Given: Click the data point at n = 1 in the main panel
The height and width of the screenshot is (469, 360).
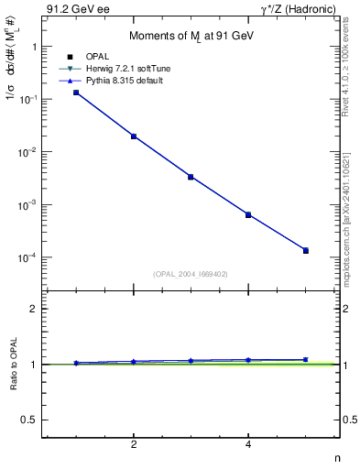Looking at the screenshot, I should [x=76, y=93].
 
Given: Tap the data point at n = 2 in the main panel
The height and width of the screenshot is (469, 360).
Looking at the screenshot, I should [x=134, y=136].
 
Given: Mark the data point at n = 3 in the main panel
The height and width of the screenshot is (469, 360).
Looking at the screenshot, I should [x=191, y=177].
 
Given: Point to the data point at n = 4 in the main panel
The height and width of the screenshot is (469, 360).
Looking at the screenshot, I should [x=248, y=214].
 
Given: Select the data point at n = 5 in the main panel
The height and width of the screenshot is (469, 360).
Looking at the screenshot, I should [x=306, y=250].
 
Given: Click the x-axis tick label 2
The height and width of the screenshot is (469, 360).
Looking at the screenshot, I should [x=134, y=445].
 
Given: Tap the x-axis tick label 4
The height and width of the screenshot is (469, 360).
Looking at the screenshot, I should [x=248, y=445].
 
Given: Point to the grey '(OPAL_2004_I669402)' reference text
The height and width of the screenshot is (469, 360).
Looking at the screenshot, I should [x=191, y=273].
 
